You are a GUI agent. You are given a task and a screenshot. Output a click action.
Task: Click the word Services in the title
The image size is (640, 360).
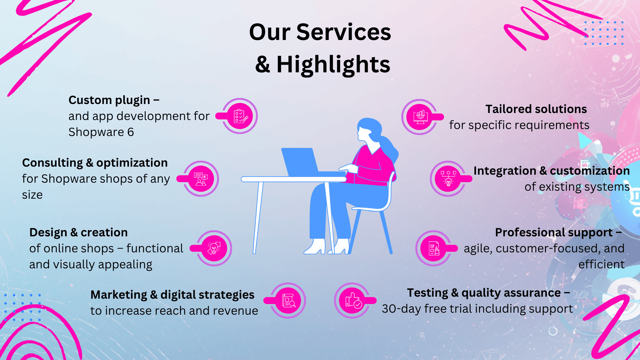pos(344,32)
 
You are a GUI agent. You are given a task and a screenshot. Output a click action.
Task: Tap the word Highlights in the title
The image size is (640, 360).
pos(333,64)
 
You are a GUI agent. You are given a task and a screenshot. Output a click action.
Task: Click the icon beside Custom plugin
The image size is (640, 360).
pos(240,116)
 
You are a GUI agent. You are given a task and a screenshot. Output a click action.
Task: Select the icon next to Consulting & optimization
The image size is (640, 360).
pos(201,179)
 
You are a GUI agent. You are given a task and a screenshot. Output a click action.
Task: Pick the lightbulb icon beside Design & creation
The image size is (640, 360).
pos(214,248)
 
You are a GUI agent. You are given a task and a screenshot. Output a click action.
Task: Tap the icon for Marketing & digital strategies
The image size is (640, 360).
pos(288,300)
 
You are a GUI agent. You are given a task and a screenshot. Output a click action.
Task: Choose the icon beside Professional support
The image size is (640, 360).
pos(434,248)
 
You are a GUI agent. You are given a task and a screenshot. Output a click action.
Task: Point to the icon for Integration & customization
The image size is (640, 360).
pos(448,179)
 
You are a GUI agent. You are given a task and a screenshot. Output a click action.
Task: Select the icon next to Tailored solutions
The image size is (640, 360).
pos(420,117)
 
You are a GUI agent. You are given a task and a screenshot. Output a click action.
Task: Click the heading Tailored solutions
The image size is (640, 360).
pos(536,109)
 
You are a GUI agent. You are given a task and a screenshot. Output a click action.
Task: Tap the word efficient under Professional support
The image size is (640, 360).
pos(601,264)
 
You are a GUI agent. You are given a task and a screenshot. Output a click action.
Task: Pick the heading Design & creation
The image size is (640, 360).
pos(79,232)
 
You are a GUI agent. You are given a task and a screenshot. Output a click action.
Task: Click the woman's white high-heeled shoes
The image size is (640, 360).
pos(326,246)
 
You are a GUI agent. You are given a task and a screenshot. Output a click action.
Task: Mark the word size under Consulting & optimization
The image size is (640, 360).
pos(32,195)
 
